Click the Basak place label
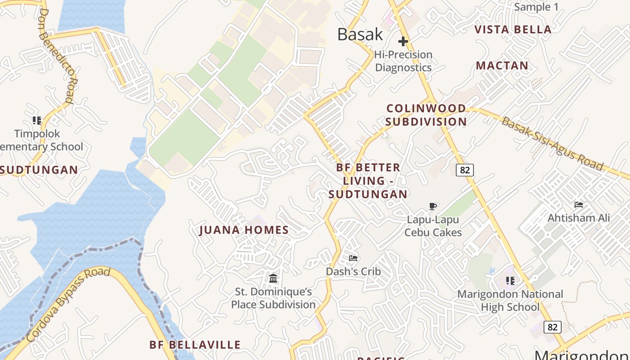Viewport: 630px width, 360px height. point(360,35)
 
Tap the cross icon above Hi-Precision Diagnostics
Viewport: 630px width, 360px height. point(403,42)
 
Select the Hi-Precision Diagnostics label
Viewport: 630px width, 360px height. point(403,61)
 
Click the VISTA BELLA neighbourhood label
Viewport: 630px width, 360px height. point(513,30)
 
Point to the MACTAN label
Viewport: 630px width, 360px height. point(502,66)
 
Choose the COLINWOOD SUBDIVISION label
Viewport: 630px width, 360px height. point(426,115)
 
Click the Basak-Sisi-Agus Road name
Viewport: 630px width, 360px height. point(552,144)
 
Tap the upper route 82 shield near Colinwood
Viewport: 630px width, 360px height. point(465,170)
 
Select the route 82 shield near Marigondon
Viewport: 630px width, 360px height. point(552,327)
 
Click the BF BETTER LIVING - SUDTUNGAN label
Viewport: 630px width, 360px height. point(368,181)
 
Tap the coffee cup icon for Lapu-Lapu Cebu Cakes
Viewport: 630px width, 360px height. point(433,207)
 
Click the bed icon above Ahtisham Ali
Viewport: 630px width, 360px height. point(579,205)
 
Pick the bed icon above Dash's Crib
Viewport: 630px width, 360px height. point(353,258)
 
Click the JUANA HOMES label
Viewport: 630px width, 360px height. point(244,230)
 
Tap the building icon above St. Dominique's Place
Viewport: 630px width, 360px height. point(273,279)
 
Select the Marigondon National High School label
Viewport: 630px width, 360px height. point(510,301)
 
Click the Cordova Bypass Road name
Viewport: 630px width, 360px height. point(68,304)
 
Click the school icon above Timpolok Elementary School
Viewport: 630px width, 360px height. point(37,121)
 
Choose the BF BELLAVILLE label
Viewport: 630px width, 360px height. point(195,345)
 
